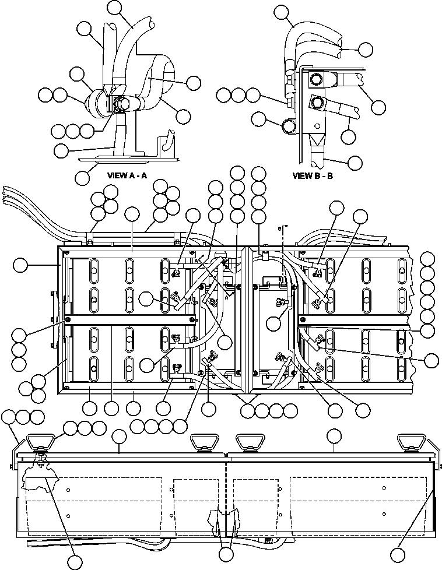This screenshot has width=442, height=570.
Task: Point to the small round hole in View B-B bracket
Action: click(316, 125)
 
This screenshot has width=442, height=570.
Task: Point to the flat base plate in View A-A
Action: click(125, 156)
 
